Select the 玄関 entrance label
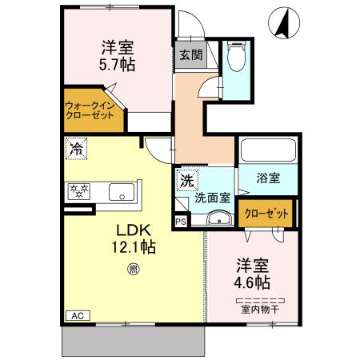[x=190, y=55]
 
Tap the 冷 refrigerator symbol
[x=75, y=148]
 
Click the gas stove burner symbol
[x=79, y=190]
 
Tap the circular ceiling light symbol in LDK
[x=133, y=269]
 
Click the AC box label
[x=78, y=315]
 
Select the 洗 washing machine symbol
[x=186, y=179]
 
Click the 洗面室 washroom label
[x=214, y=197]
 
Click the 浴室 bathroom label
[x=268, y=178]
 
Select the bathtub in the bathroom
[x=268, y=150]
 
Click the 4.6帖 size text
[x=252, y=282]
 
